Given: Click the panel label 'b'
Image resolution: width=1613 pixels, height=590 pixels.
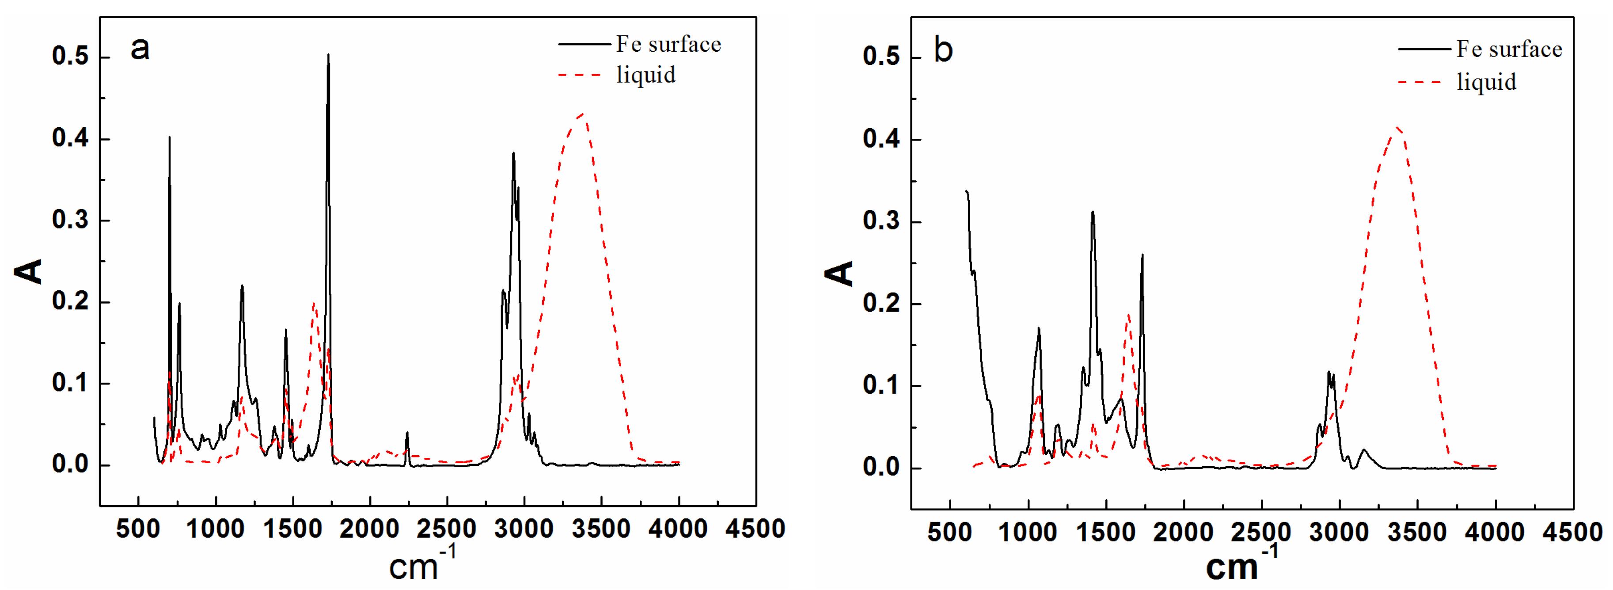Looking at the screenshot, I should (x=943, y=49).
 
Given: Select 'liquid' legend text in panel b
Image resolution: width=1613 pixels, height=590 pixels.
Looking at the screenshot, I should (x=1486, y=82).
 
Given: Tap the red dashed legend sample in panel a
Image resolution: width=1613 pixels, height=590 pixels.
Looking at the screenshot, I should (x=579, y=75).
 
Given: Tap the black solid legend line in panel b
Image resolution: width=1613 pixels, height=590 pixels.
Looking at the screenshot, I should (x=1424, y=49).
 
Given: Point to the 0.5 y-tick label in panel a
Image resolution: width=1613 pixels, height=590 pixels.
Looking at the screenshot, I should (x=70, y=57).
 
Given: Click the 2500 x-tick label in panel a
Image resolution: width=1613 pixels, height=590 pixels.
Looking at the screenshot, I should (x=447, y=529).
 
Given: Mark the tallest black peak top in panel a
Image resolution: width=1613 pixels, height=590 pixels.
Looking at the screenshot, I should (x=328, y=55).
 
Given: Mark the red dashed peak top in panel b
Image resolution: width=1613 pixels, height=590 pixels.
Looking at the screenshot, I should (x=1397, y=127).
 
